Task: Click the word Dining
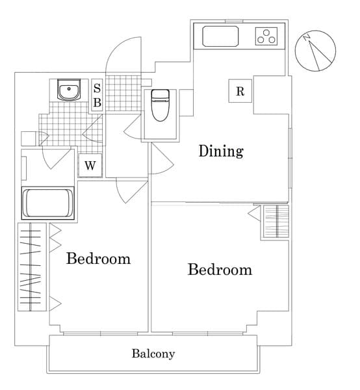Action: point(221,151)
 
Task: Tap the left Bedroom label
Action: point(98,259)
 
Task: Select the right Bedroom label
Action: point(220,269)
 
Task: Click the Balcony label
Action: point(153,354)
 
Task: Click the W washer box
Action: point(90,165)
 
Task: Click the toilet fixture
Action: point(159,106)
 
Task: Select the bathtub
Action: point(49,203)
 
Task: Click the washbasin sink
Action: point(68,90)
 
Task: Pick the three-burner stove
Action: point(266,36)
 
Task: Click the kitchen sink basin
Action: point(221,36)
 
